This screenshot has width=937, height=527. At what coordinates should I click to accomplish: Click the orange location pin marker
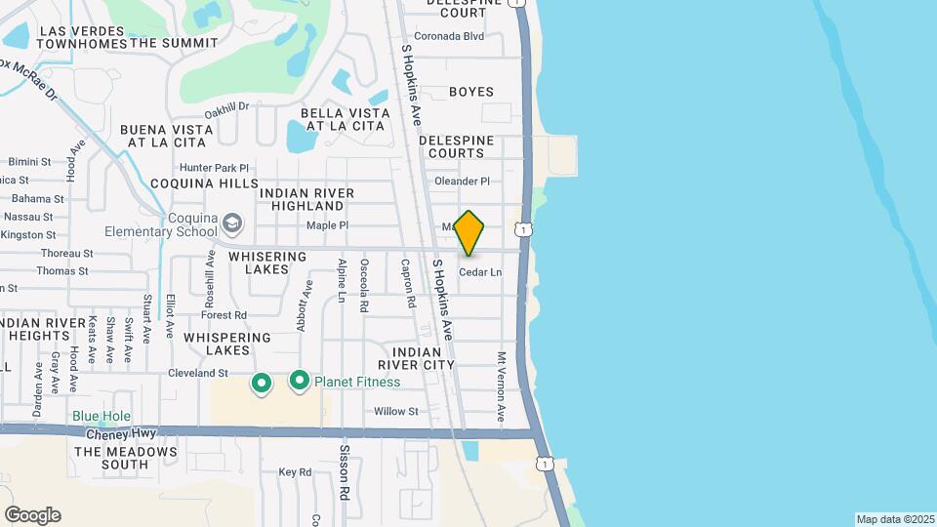tap(469, 232)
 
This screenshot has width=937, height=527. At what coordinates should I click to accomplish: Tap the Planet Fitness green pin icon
tap(299, 381)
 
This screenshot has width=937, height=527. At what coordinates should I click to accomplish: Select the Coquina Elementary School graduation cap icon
tap(232, 224)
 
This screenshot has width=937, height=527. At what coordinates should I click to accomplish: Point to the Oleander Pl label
tap(462, 182)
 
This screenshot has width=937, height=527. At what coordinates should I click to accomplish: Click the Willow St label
tap(396, 412)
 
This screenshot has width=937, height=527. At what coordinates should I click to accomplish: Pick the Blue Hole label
tap(102, 416)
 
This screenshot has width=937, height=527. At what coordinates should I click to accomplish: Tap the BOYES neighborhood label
tap(471, 92)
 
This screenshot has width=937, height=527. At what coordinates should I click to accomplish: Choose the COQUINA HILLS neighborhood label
tap(205, 183)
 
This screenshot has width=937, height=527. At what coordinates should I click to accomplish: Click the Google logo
tap(32, 515)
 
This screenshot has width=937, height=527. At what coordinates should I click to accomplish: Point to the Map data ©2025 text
tap(894, 519)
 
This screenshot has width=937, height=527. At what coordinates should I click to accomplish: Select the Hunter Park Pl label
tap(216, 168)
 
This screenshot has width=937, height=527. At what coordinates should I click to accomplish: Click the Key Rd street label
tap(294, 471)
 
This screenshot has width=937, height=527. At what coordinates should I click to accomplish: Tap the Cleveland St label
tap(198, 373)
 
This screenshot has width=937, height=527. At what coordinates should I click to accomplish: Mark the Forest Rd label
tap(224, 314)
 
